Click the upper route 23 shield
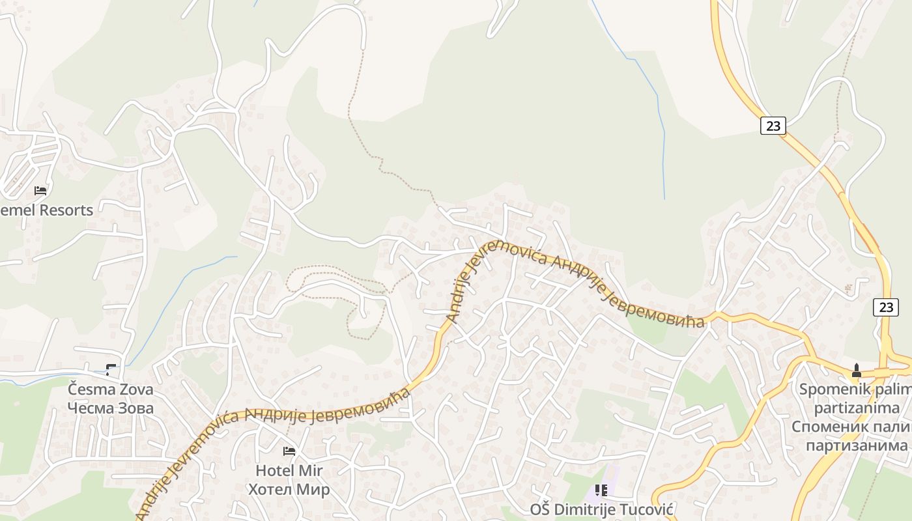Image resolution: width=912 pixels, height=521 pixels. (x=773, y=126)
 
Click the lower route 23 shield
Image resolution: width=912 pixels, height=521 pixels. (x=885, y=307)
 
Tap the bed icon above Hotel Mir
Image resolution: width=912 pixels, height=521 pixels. (x=289, y=451)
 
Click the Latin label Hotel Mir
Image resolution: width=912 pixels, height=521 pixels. (x=289, y=470)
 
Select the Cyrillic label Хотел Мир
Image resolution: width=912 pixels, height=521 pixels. (x=289, y=489)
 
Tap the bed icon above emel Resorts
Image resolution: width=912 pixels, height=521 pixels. (x=40, y=191)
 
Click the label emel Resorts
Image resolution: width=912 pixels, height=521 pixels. (x=47, y=210)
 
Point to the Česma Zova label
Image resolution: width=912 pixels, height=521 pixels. (x=111, y=389)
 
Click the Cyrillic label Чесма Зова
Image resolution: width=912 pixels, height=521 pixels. (x=111, y=408)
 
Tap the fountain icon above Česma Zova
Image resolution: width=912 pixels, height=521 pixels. (x=111, y=370)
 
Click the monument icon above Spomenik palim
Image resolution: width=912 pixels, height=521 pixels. (x=856, y=371)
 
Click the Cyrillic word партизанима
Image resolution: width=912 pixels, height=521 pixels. (x=856, y=445)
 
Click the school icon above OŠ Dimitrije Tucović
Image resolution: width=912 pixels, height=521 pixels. (x=601, y=490)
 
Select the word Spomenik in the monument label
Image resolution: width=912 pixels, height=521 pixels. (x=830, y=389)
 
